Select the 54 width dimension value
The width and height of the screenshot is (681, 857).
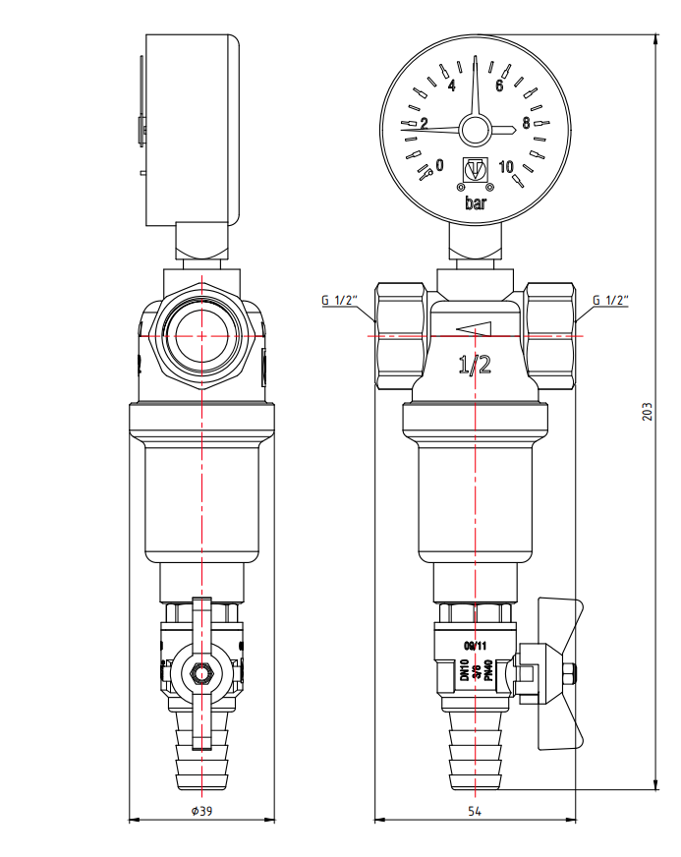tap(475, 811)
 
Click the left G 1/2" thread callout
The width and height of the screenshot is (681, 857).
tap(340, 300)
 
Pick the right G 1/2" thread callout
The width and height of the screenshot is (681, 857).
tap(610, 300)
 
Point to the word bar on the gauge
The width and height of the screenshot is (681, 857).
tap(476, 203)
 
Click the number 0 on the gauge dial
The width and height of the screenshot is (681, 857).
tap(439, 164)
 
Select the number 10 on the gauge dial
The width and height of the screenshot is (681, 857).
tap(507, 165)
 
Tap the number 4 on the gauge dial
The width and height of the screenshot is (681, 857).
tap(452, 86)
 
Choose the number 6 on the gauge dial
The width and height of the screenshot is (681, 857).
tap(499, 86)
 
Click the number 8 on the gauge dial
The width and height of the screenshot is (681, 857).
tap(527, 124)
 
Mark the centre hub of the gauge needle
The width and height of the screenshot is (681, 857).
tap(476, 129)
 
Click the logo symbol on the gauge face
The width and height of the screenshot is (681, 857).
tap(475, 170)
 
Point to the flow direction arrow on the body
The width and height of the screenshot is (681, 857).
tap(474, 329)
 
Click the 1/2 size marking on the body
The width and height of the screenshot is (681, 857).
tap(476, 366)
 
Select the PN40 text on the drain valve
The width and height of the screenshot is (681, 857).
tap(487, 672)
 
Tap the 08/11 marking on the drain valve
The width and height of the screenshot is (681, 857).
tap(475, 646)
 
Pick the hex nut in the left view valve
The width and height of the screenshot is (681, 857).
tap(200, 675)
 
